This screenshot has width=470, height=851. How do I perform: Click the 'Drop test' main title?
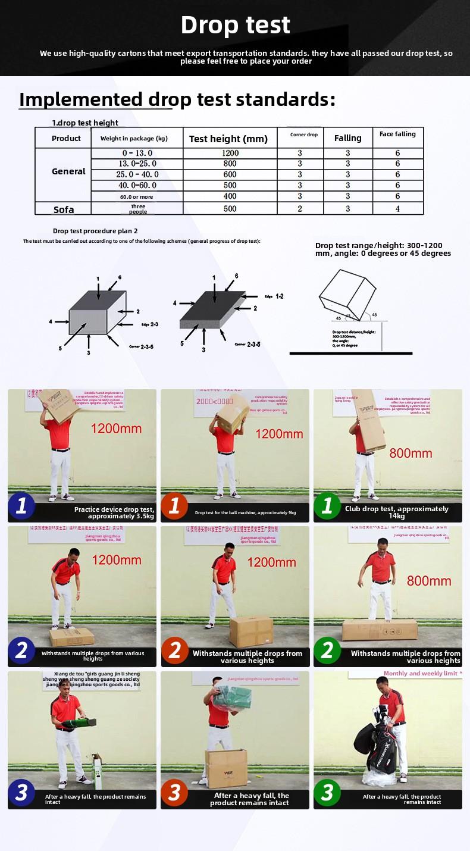point(235,25)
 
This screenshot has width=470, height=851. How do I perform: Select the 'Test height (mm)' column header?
point(228,139)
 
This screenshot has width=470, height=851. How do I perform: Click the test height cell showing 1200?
point(230,154)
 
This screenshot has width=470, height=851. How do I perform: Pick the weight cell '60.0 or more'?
point(136,197)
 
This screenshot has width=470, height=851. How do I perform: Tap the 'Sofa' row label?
point(64,209)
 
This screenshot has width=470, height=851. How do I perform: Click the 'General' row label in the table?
point(68,171)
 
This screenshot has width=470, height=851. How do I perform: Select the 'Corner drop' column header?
point(304,135)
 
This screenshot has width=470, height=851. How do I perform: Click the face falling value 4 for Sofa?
point(397,209)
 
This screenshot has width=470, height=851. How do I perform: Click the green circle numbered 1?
point(327,506)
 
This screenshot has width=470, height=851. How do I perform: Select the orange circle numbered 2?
point(174,650)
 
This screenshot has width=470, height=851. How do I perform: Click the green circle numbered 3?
point(327,793)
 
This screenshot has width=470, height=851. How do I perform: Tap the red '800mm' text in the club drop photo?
point(411,453)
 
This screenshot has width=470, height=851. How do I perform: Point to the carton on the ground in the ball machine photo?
point(251,631)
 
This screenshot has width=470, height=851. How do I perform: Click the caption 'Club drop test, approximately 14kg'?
point(396,512)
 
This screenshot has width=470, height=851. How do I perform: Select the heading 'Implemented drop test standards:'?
point(177,99)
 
